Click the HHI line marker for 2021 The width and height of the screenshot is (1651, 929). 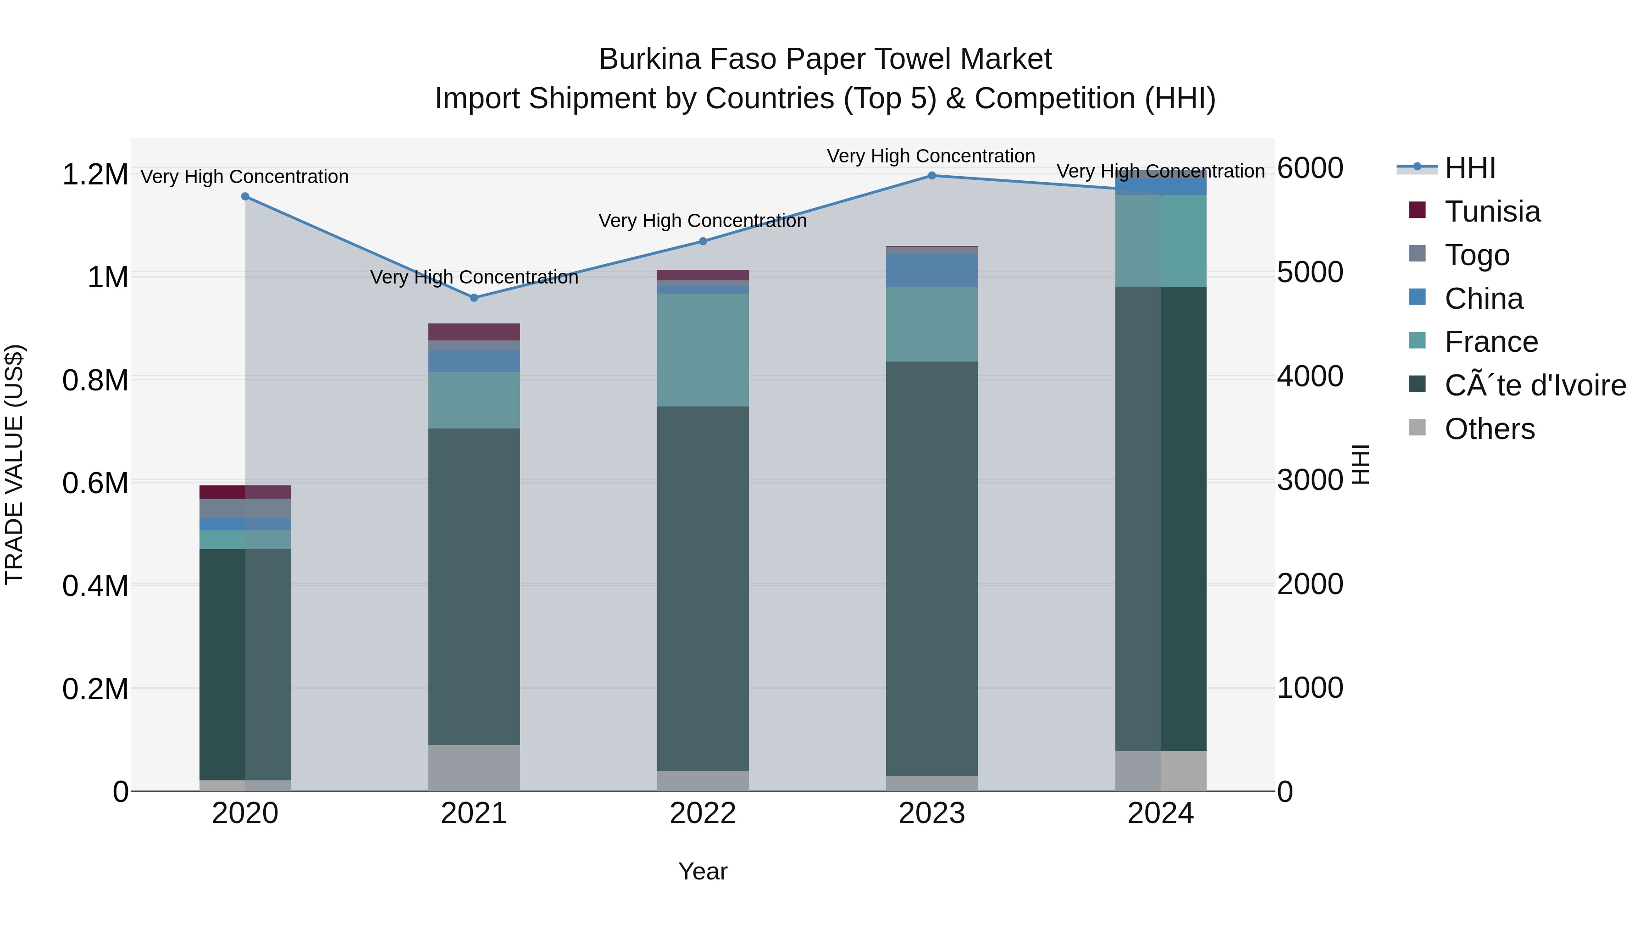point(474,297)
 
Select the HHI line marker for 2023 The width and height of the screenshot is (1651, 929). point(931,176)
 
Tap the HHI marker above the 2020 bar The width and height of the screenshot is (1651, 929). point(245,197)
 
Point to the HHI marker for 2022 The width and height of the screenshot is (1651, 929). point(703,241)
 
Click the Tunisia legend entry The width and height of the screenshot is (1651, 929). point(1492,211)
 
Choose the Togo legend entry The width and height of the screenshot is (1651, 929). point(1477,255)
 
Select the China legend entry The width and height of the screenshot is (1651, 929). point(1483,299)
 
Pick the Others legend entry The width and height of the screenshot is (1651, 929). point(1490,429)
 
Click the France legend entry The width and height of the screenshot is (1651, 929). point(1491,342)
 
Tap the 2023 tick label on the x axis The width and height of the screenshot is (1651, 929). point(931,813)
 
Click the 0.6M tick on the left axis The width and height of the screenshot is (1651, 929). point(95,483)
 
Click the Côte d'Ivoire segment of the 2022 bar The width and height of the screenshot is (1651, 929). point(703,588)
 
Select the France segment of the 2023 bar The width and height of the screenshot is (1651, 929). point(931,324)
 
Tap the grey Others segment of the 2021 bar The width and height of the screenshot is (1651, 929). point(474,768)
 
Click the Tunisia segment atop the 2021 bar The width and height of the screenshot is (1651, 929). point(474,332)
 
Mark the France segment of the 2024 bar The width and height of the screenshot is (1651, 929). point(1160,240)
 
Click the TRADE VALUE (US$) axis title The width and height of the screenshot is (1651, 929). point(14,464)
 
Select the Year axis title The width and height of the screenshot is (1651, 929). point(703,871)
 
